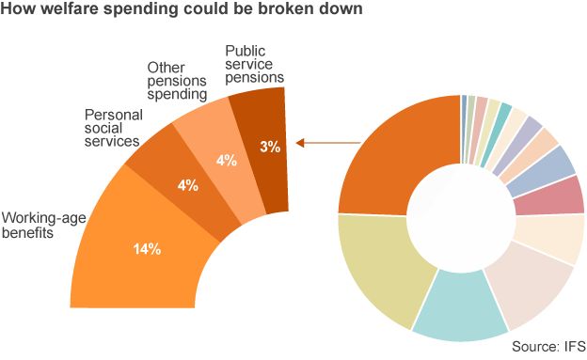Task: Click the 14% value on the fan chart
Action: tap(147, 249)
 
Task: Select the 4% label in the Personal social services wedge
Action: tap(188, 185)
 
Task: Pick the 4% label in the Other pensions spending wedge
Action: tap(226, 161)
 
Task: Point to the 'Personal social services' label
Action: tap(112, 127)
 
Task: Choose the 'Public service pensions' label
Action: tap(255, 65)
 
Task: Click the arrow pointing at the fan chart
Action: tap(328, 144)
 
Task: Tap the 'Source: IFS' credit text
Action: tap(547, 346)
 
